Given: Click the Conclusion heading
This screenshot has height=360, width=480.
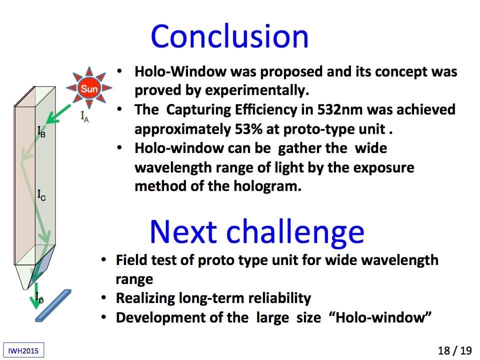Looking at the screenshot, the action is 229,36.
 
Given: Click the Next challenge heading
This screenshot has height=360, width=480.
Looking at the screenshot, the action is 257,232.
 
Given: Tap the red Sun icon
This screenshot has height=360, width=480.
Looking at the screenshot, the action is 89,88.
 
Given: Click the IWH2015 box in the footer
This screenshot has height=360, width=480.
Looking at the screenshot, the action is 23,350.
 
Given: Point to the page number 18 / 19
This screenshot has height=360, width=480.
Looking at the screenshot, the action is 454,350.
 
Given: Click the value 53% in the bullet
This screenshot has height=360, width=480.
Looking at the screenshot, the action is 248,129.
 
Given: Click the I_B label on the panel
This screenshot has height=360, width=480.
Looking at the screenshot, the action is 41,131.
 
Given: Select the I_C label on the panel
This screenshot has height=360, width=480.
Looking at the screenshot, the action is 41,195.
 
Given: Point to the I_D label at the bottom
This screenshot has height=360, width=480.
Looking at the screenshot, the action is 39,297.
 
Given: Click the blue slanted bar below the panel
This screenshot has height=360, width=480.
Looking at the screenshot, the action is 53,305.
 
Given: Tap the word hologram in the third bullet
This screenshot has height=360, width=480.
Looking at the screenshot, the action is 267,186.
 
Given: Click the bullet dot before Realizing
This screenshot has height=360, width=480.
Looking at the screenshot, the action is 104,297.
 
